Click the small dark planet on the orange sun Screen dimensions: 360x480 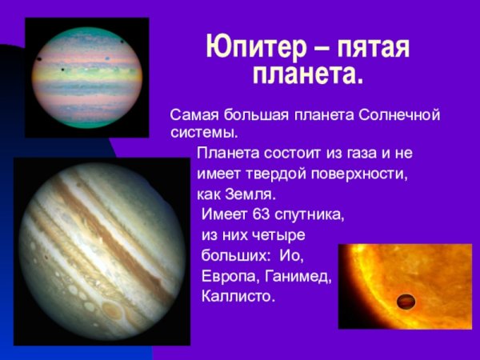click(406, 302)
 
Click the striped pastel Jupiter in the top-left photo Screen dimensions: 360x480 click(86, 73)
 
